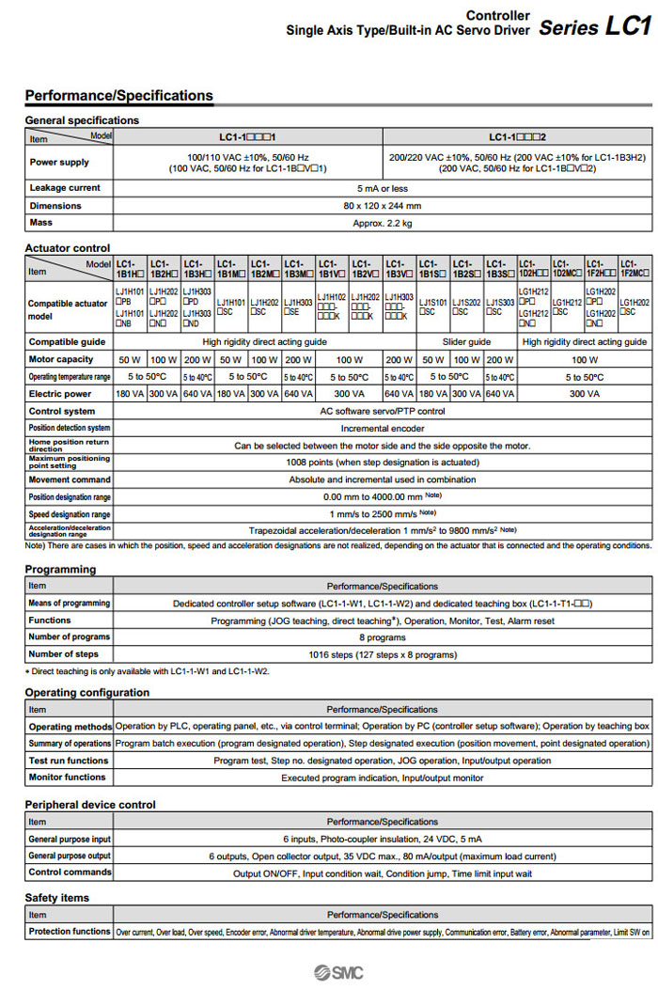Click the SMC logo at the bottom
(x=338, y=973)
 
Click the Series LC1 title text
(x=594, y=26)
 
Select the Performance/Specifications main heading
(x=118, y=95)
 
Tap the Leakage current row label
(x=65, y=188)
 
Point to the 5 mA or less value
(x=382, y=188)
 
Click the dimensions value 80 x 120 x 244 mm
(x=382, y=206)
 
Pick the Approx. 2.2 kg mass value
(x=382, y=223)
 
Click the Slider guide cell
(x=466, y=341)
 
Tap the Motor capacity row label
(x=61, y=359)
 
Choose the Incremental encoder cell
(x=382, y=428)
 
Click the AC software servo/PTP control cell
(x=382, y=411)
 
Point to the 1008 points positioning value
(x=382, y=462)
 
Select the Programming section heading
(x=60, y=569)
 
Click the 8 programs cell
(x=382, y=637)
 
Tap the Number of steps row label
(x=64, y=653)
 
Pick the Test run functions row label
(x=69, y=761)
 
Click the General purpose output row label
(x=69, y=856)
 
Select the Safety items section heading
(x=57, y=898)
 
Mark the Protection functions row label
(x=69, y=932)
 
